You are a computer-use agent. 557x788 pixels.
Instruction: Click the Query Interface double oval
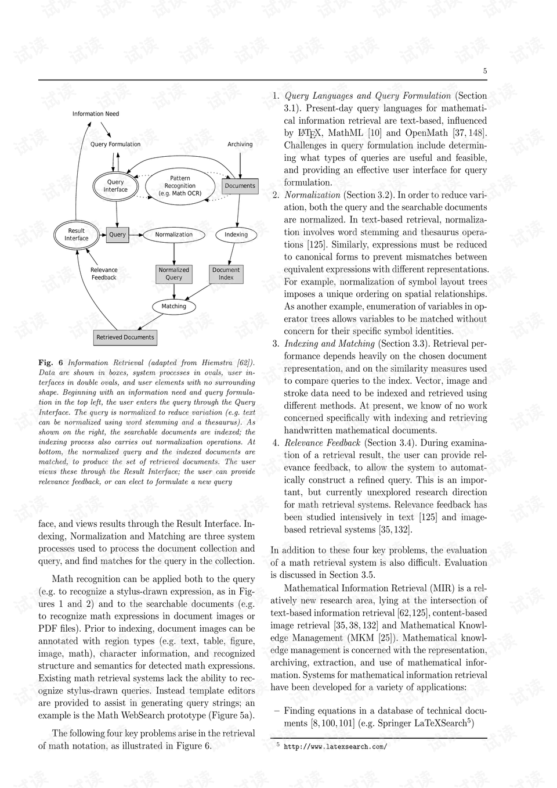[115, 186]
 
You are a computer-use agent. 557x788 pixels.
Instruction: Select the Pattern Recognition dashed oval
[180, 186]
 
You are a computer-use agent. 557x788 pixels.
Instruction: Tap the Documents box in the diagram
[240, 186]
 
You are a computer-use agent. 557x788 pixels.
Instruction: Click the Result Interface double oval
[76, 235]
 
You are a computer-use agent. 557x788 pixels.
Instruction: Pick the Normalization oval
[173, 235]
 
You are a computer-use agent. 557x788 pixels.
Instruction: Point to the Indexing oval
[236, 235]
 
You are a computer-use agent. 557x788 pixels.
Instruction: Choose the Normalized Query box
[173, 274]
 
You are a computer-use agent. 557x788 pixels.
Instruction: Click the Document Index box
[226, 274]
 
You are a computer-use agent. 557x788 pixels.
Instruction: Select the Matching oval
[173, 307]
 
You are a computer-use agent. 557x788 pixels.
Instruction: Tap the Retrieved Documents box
[125, 337]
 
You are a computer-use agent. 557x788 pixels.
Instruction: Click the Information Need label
[95, 114]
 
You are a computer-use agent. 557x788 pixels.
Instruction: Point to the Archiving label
[240, 145]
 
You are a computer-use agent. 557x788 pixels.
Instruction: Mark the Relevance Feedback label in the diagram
[104, 274]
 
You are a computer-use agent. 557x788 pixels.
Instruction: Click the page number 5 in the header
[484, 71]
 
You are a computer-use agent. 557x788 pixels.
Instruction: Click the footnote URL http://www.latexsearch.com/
[335, 747]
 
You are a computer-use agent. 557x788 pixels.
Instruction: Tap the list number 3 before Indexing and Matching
[276, 344]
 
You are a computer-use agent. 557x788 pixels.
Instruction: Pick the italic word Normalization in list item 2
[312, 195]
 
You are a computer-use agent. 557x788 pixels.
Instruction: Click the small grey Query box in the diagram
[117, 235]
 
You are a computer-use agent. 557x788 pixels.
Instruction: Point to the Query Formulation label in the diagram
[115, 145]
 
